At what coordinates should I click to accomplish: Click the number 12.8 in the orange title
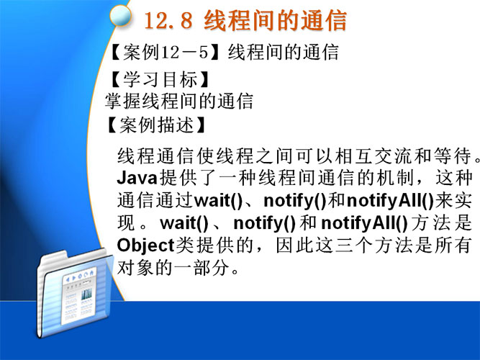[168, 21]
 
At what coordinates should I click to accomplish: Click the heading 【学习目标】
[158, 80]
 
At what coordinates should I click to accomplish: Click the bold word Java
[137, 178]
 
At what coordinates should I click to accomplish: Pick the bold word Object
[145, 246]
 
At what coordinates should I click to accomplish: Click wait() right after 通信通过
[219, 200]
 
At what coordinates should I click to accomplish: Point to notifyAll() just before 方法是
[364, 223]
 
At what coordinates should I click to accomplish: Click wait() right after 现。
[184, 223]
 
